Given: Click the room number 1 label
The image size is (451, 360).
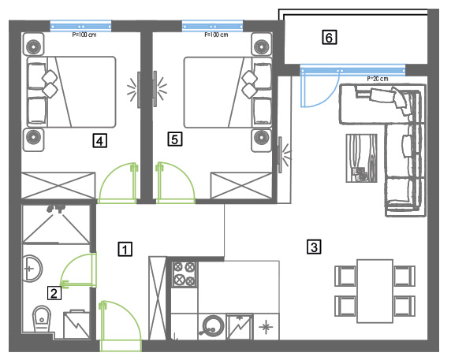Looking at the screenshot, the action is tap(125, 249).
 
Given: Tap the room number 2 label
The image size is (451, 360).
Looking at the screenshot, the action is tap(54, 293).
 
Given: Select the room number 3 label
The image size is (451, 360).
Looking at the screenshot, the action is tap(314, 247).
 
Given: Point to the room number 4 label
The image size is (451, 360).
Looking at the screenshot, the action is tap(100, 140).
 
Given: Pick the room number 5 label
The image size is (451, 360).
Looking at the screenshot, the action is tap(175, 139).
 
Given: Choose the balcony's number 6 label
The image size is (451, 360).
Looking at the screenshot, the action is tap(329, 37).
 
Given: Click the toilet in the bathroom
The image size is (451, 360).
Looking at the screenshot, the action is tap(42, 318).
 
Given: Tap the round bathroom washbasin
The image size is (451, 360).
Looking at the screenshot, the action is tap(32, 269).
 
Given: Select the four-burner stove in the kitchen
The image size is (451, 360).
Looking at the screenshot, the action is tap(184, 274).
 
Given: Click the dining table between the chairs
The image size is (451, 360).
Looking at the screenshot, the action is tap(375, 291).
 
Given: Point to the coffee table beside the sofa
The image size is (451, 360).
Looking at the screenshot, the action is tap(361, 158).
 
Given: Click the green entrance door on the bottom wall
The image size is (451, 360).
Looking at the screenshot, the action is tap(120, 326).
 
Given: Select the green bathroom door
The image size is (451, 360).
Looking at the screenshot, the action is tap(78, 270).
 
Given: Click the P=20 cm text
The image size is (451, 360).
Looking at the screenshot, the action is tap(378, 79).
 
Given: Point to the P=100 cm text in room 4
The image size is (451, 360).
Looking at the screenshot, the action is tap(84, 35).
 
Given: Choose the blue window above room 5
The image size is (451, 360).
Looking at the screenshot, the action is tap(213, 26).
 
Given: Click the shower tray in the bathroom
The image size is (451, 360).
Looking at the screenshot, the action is tap(57, 224).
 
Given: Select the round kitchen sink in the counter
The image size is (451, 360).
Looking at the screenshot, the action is tap(213, 326).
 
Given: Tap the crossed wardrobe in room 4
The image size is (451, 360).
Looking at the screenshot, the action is tap(58, 185).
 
